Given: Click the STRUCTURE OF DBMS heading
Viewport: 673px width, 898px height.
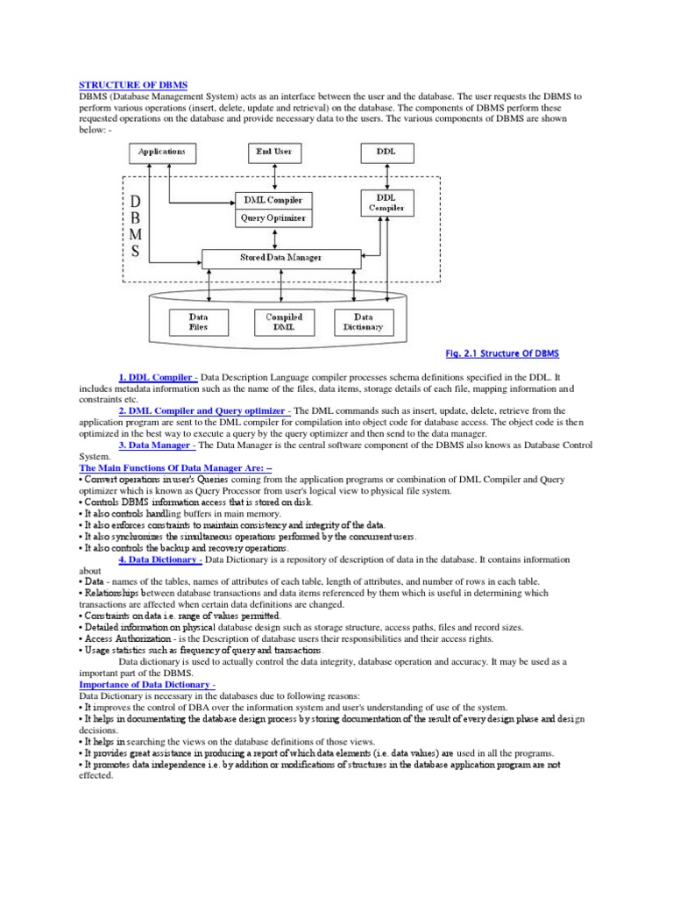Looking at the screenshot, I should tap(122, 84).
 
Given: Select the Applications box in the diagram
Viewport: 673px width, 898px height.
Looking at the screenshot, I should tap(162, 152).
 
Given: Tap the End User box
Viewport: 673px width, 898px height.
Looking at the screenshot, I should tap(274, 152).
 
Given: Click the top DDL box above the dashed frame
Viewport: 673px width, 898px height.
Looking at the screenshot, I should tap(386, 152).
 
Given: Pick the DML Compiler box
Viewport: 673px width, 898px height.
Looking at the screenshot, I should tap(273, 200).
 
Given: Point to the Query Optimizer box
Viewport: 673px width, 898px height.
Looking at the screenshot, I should tap(273, 218).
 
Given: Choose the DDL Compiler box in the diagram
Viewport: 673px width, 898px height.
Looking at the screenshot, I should tap(386, 203).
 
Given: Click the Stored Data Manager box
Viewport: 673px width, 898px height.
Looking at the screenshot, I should tap(280, 258).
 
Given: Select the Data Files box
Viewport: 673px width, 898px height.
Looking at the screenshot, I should tap(199, 322).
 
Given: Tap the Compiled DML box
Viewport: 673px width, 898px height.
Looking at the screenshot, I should tap(284, 322).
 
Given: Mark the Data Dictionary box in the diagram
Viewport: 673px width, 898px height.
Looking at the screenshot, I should tap(364, 322).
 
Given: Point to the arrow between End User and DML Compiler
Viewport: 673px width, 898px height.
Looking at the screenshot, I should tap(274, 176).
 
